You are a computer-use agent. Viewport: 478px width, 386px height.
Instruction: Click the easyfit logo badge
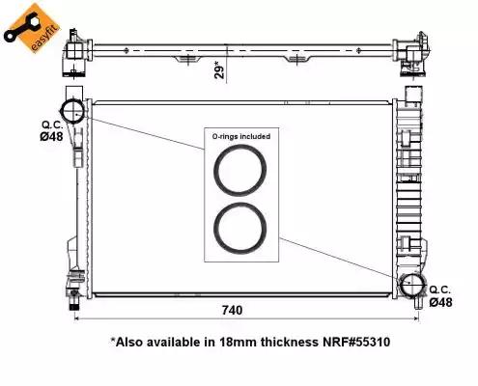tap(31, 28)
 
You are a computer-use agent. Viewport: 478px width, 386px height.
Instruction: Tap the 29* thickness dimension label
tap(219, 69)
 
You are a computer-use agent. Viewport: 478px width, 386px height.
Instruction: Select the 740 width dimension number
tap(232, 310)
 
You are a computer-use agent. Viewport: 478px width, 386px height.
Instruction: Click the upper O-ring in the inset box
tap(240, 146)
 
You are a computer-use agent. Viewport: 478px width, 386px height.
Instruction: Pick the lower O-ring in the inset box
tap(240, 204)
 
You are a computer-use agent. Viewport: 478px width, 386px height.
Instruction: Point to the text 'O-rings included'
tap(241, 136)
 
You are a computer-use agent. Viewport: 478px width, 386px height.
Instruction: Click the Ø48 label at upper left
tap(51, 136)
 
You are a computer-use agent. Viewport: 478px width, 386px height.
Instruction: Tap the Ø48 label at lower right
tap(440, 302)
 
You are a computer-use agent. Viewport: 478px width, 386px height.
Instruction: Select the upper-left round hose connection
tap(62, 111)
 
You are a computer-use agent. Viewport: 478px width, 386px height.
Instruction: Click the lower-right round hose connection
tap(401, 285)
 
